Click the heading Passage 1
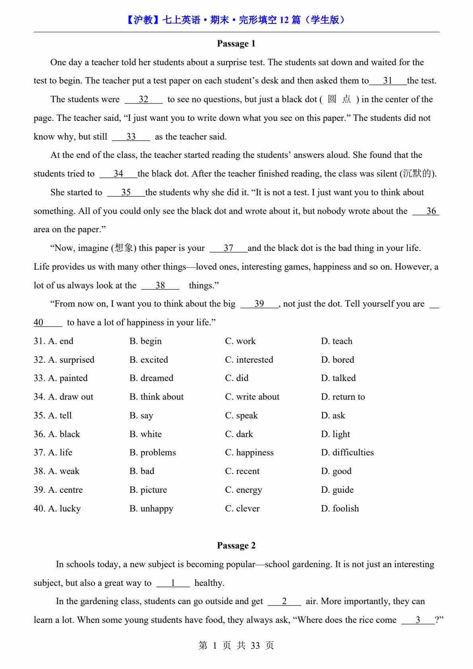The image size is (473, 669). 236,44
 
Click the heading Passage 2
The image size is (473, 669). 236,546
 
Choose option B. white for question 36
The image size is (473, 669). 145,434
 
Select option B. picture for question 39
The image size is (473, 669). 148,490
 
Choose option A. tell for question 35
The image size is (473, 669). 60,416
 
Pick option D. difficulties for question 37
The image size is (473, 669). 347,453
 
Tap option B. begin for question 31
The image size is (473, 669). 145,341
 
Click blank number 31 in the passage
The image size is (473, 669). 388,81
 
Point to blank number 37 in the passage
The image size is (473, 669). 228,248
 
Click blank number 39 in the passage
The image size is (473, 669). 259,304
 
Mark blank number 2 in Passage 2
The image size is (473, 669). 284,601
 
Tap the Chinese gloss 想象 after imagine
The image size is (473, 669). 124,248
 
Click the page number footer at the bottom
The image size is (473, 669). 236,646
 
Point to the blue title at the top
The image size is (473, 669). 236,20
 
